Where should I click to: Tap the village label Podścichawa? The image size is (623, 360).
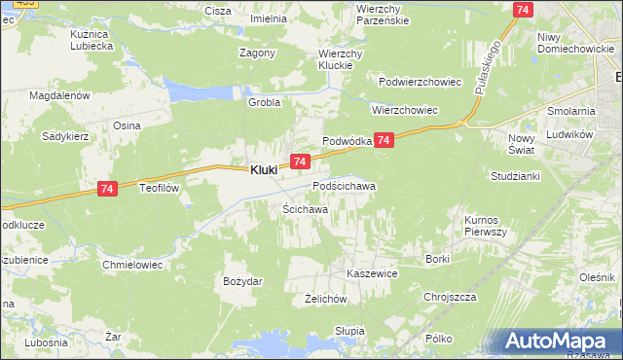point(344,185)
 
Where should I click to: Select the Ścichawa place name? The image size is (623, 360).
point(305,209)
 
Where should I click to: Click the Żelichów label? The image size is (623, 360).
point(326,300)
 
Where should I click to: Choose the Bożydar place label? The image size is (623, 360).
point(242,281)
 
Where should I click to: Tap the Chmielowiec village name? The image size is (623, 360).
point(130,264)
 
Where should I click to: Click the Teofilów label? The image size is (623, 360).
point(162,188)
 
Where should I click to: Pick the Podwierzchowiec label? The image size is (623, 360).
point(420,82)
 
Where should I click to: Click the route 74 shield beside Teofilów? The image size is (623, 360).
point(108,193)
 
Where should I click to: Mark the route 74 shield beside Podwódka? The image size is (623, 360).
point(385,141)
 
